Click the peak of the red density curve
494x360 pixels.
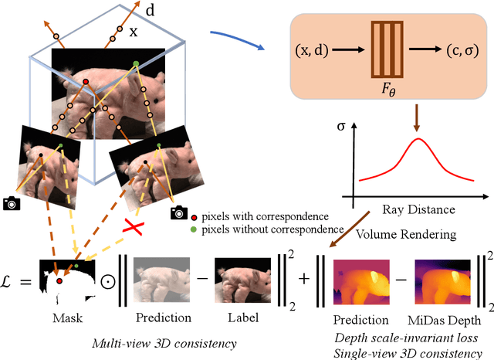[418, 140]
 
